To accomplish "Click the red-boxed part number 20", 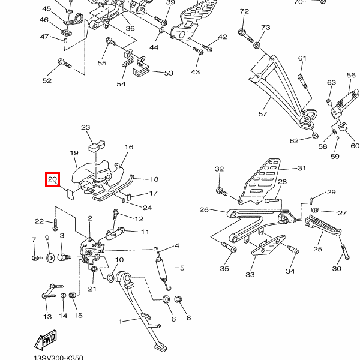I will [x=52, y=179].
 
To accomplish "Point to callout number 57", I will [x=262, y=113].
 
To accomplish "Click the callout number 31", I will [x=301, y=169].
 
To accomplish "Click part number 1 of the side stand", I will [x=120, y=321].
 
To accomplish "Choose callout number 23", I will [x=86, y=127].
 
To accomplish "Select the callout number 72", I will [x=244, y=11].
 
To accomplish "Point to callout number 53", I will [x=168, y=73].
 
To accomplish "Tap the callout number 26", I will [x=204, y=210].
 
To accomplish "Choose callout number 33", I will [x=250, y=274].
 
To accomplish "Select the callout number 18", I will [x=154, y=179].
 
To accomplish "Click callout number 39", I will [x=170, y=2].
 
